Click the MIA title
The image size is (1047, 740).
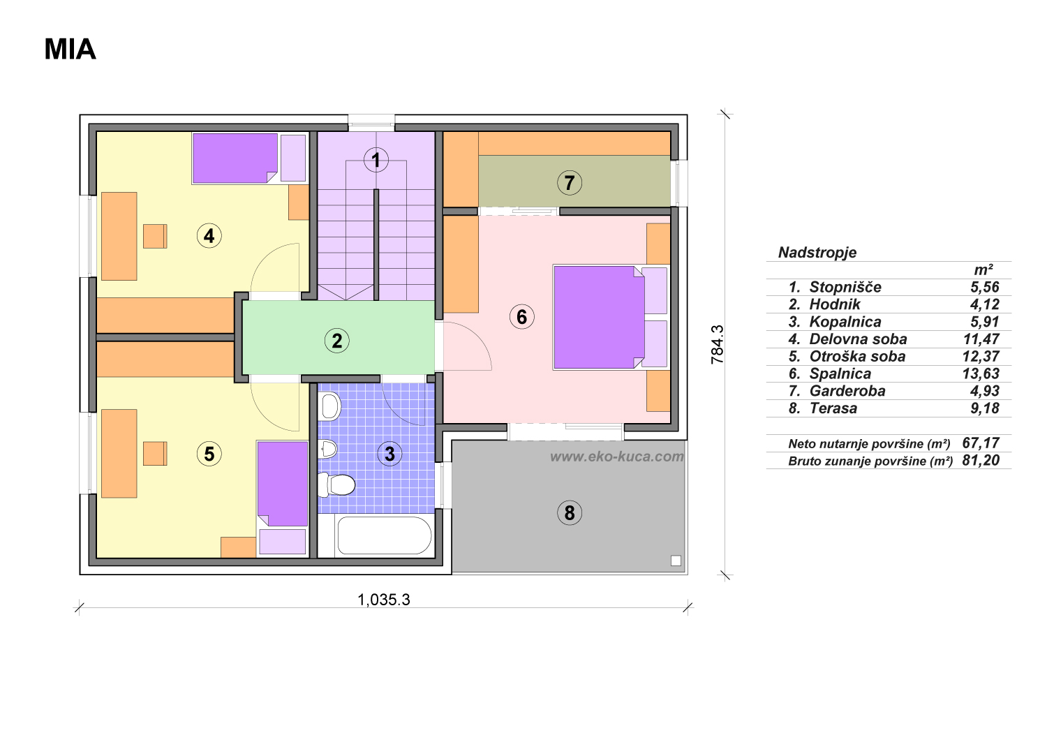70,49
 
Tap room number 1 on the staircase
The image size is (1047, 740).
376,160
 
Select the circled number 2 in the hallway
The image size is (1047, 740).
336,341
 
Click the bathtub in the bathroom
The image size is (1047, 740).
384,535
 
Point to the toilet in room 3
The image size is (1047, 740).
336,484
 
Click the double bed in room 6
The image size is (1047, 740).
599,318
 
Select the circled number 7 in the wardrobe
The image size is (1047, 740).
570,182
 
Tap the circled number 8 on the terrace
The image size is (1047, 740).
570,513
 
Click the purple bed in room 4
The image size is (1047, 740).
235,158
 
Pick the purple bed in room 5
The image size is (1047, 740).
282,484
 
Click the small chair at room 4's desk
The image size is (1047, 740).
155,236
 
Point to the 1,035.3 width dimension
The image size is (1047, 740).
384,599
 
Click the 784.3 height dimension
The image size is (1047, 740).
717,345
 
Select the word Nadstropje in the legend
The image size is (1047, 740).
817,253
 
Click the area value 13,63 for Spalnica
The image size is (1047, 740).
981,373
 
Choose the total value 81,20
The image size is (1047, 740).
981,461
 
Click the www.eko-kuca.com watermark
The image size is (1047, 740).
617,457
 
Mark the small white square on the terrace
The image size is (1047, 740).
676,561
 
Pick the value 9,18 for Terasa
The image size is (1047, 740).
985,408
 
